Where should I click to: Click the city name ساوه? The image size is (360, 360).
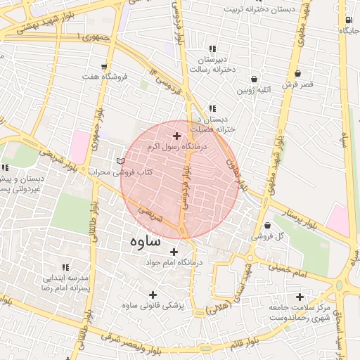(146, 240)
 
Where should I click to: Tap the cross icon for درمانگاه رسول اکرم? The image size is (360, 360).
(176, 135)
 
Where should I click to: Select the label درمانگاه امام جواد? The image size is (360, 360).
(173, 262)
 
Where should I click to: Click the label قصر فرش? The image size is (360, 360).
(297, 84)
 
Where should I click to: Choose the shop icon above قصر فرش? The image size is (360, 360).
(297, 73)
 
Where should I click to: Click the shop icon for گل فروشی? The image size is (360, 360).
(267, 226)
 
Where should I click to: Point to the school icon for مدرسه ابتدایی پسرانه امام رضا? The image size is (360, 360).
(65, 268)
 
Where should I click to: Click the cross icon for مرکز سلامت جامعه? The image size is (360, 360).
(301, 297)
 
